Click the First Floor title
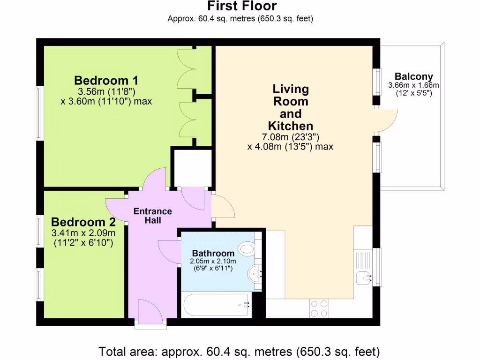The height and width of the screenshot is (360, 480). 242,6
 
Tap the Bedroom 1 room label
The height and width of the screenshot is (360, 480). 106,81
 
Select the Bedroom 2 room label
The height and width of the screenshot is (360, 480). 83,222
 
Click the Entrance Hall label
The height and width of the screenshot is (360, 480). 153,216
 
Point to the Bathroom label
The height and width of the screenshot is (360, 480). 213,253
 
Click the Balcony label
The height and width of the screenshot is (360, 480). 413,76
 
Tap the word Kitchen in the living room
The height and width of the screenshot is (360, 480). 291,126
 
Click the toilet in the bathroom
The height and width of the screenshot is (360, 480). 247,248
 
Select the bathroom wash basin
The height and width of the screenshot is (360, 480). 255,273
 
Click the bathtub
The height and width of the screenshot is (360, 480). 216,305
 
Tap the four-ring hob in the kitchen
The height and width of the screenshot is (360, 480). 319,308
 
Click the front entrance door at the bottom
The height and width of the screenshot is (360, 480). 150,311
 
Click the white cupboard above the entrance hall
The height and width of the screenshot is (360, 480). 192,167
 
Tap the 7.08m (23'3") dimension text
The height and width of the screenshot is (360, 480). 291,137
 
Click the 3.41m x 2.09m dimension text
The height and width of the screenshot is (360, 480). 83,233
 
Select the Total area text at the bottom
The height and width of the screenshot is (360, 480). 239,352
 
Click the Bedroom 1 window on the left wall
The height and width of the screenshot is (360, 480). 39,113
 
